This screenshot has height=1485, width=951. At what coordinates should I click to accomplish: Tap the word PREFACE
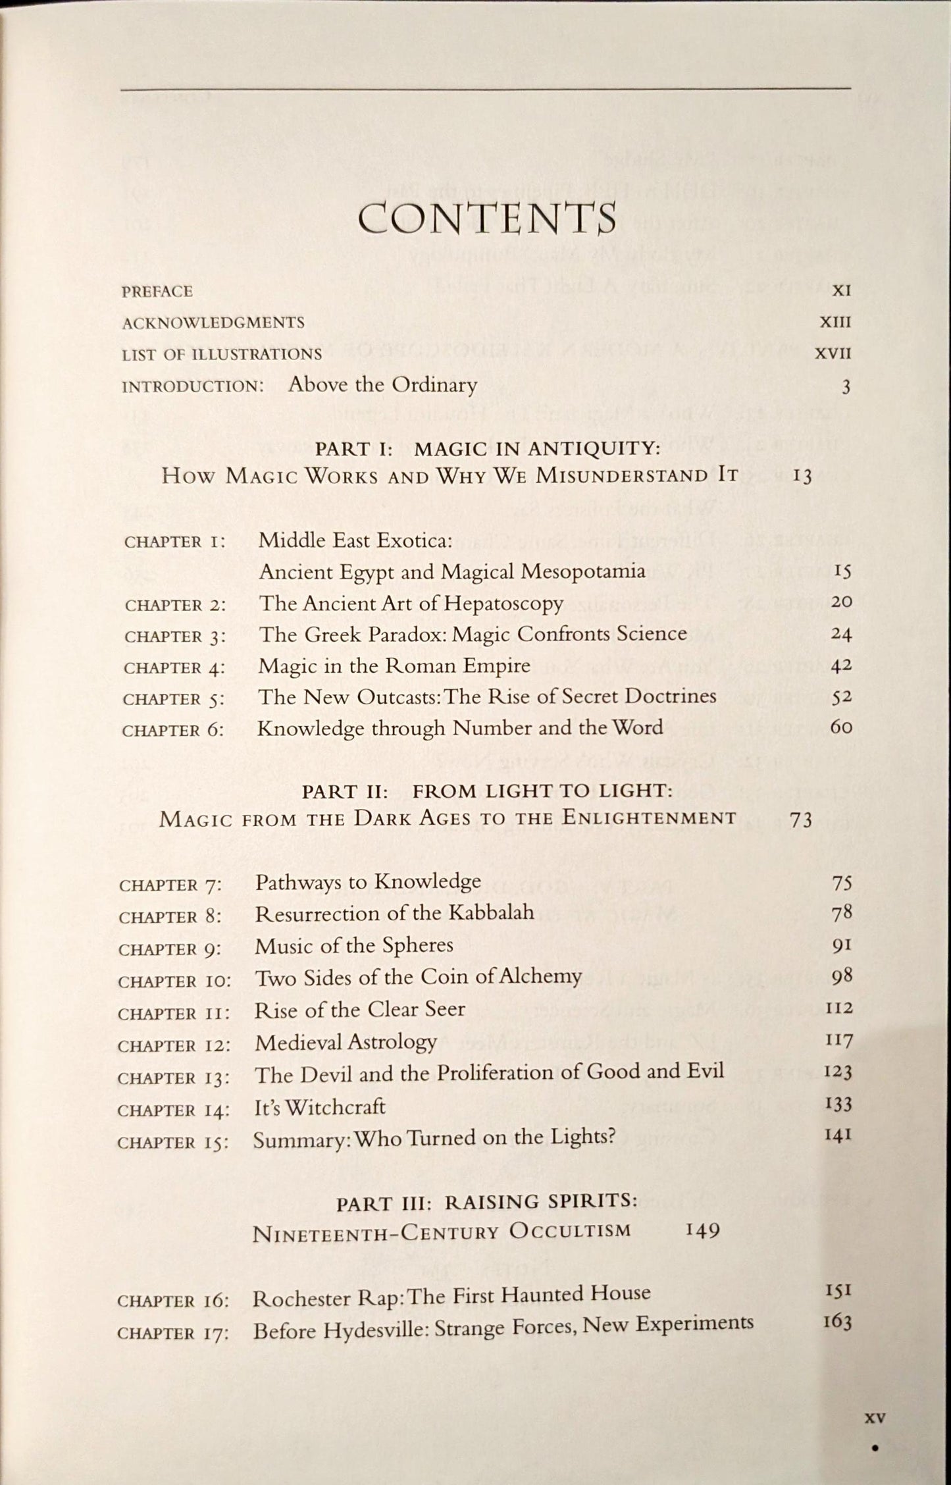pyautogui.click(x=157, y=292)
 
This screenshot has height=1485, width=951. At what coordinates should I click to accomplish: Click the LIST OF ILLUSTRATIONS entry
pyautogui.click(x=222, y=354)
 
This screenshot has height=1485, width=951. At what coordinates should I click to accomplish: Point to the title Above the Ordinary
pyautogui.click(x=382, y=385)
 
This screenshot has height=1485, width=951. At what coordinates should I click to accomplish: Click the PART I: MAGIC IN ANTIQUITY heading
pyautogui.click(x=488, y=448)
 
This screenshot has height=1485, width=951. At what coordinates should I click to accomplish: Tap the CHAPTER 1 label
pyautogui.click(x=174, y=542)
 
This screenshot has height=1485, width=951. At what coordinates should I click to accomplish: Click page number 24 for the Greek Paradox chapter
pyautogui.click(x=841, y=635)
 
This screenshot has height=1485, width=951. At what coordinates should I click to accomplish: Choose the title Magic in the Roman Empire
pyautogui.click(x=394, y=665)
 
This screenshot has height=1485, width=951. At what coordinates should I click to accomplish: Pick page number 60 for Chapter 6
pyautogui.click(x=841, y=727)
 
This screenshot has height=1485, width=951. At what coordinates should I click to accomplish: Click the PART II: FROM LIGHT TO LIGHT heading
pyautogui.click(x=488, y=791)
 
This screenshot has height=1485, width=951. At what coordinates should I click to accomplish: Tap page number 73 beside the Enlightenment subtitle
pyautogui.click(x=800, y=820)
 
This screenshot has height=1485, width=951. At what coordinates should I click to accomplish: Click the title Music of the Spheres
pyautogui.click(x=354, y=945)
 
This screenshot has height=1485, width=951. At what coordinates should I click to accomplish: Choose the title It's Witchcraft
pyautogui.click(x=319, y=1107)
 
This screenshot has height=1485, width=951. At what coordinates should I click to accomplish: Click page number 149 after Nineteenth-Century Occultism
pyautogui.click(x=702, y=1230)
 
